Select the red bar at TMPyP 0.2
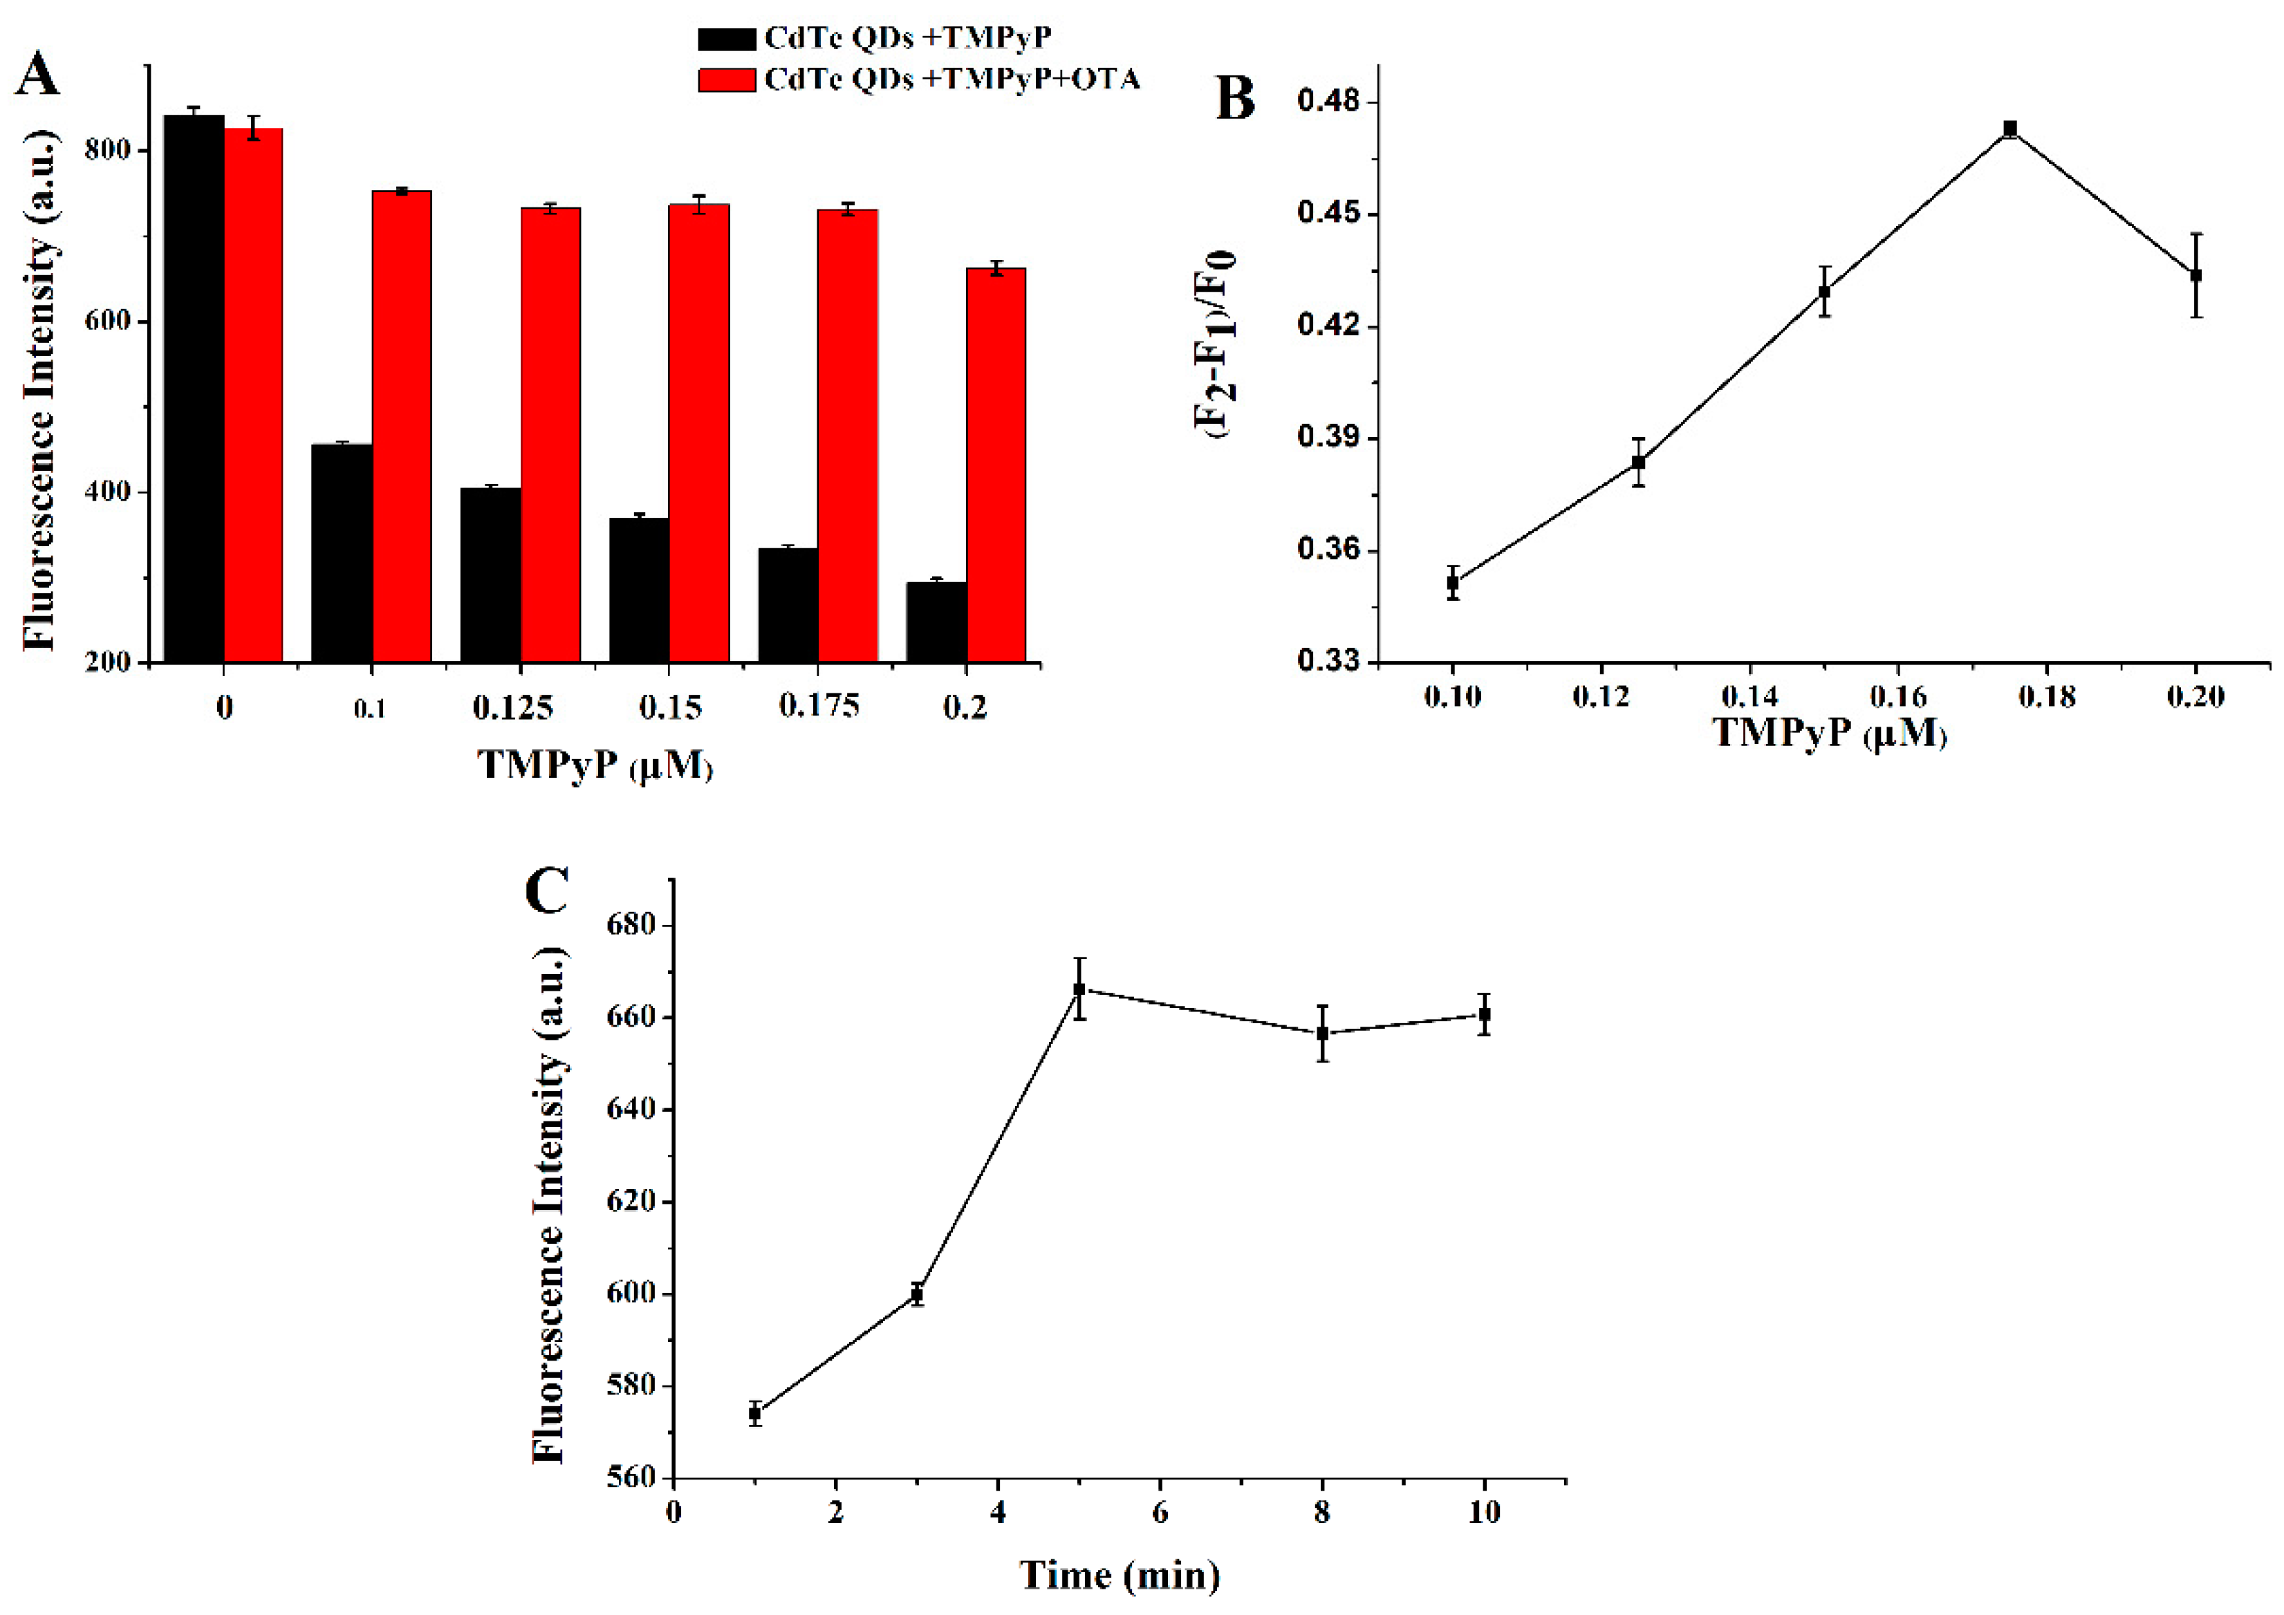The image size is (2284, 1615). pyautogui.click(x=996, y=465)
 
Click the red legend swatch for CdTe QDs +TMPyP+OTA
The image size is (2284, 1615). pyautogui.click(x=726, y=80)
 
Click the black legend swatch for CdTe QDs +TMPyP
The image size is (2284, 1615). pyautogui.click(x=726, y=39)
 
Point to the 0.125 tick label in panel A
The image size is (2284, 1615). pyautogui.click(x=512, y=708)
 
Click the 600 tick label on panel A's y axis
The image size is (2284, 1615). pyautogui.click(x=107, y=321)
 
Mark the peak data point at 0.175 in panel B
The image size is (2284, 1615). pyautogui.click(x=2010, y=129)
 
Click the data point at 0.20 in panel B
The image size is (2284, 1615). pyautogui.click(x=2195, y=275)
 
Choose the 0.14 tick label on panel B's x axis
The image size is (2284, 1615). pyautogui.click(x=1749, y=696)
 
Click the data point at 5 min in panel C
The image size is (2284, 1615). pyautogui.click(x=1079, y=989)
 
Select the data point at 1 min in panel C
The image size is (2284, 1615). pyautogui.click(x=755, y=1413)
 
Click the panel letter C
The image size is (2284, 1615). pyautogui.click(x=546, y=890)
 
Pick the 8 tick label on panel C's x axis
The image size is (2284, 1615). pyautogui.click(x=1322, y=1513)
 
